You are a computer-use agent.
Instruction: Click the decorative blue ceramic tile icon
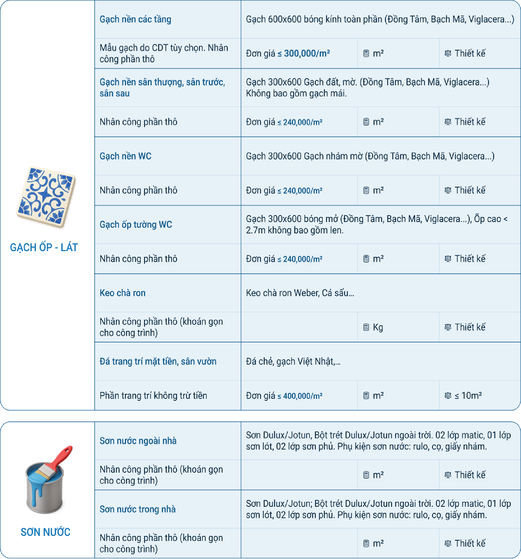point(46,197)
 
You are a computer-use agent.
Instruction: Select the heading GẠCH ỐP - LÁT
point(44,247)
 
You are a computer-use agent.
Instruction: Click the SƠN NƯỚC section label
point(45,532)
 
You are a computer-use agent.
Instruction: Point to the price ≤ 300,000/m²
point(303,53)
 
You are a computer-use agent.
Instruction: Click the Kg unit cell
point(377,327)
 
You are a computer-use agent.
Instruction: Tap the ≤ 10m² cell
point(468,396)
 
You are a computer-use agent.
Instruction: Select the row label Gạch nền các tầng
point(135,19)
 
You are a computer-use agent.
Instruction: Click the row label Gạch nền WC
point(125,156)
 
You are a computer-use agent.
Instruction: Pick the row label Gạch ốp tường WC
point(136,224)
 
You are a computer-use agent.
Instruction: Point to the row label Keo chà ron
point(122,293)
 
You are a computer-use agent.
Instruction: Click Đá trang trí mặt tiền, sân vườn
point(158,361)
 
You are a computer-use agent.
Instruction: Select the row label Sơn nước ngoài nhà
point(138,441)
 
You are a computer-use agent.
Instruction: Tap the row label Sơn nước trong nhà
point(138,509)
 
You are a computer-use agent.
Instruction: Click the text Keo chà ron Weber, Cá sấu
point(300,293)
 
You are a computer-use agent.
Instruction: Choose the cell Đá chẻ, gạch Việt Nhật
point(293,361)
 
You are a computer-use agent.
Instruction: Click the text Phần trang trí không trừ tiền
point(153,396)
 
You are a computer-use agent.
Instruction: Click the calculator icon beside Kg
point(366,327)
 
